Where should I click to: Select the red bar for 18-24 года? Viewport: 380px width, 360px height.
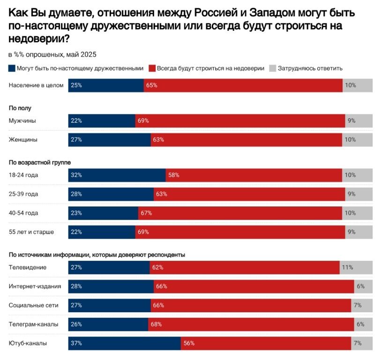[253, 175]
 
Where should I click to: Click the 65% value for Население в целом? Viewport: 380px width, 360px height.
[151, 86]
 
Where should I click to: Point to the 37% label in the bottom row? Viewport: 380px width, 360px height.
[76, 343]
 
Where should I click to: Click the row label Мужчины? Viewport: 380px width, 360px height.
[22, 121]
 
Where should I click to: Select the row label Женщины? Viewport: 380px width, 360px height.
[23, 140]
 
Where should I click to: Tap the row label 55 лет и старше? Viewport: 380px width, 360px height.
[30, 232]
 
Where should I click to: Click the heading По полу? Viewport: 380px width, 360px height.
[20, 108]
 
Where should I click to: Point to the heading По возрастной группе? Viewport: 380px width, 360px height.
[39, 162]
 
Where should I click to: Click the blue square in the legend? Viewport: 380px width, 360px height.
[12, 68]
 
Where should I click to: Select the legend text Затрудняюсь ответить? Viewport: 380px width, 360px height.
[310, 68]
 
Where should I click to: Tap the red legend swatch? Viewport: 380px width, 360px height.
[152, 68]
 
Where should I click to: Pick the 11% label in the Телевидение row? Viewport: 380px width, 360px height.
[347, 267]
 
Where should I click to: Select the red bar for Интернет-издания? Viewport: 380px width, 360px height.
[253, 287]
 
